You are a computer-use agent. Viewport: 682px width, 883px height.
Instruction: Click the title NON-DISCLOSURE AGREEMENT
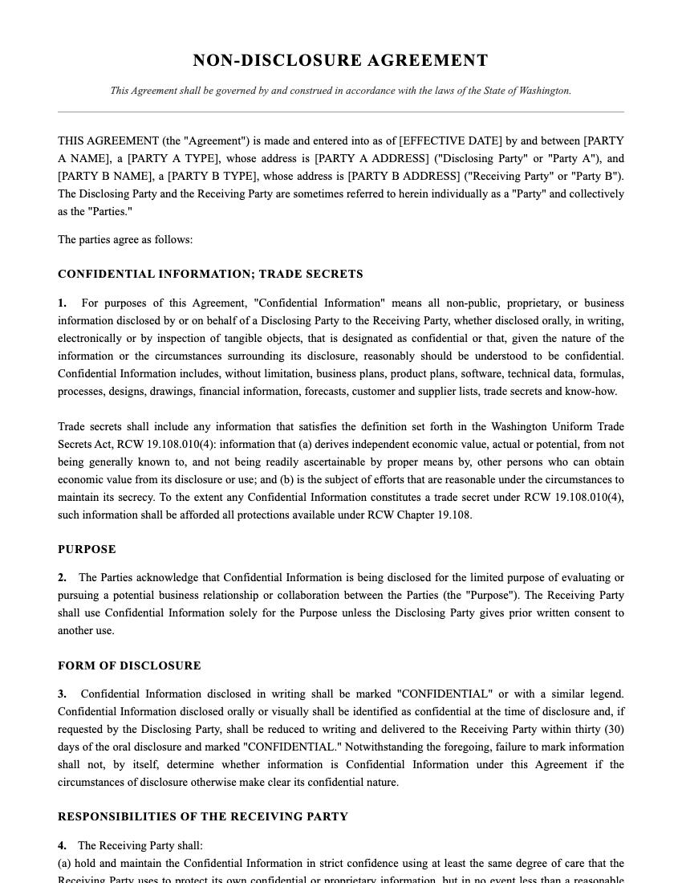(x=340, y=61)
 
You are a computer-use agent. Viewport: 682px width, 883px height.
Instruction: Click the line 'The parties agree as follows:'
(x=125, y=240)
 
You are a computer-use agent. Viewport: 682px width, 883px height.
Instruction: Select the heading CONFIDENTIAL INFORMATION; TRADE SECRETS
(x=210, y=275)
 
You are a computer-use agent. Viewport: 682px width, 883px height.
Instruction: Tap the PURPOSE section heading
(x=87, y=550)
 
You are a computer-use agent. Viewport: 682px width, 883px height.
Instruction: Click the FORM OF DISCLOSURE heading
(x=129, y=666)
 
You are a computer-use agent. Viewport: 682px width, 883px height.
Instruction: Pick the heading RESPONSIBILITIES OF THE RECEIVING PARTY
(x=203, y=817)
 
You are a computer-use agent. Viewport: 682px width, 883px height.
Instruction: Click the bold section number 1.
(x=62, y=303)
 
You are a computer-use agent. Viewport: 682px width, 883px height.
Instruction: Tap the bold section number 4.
(x=62, y=846)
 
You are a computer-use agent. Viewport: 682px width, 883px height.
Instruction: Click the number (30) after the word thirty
(x=615, y=730)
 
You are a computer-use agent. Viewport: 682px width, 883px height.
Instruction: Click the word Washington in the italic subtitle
(x=546, y=91)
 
